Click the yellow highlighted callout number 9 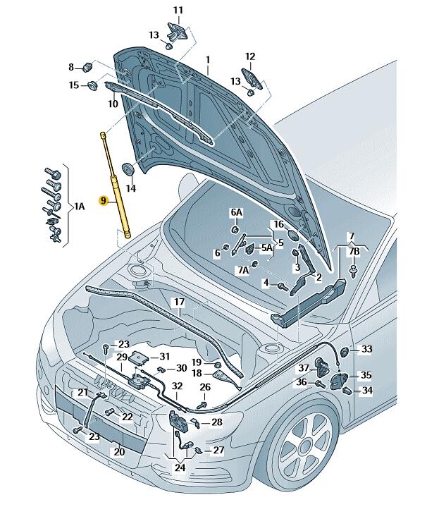pyautogui.click(x=104, y=201)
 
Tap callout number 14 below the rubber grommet pyautogui.click(x=130, y=188)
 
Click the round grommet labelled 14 pyautogui.click(x=128, y=169)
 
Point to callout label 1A pyautogui.click(x=80, y=206)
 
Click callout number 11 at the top pyautogui.click(x=178, y=10)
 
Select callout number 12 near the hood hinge pyautogui.click(x=249, y=56)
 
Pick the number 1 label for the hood pyautogui.click(x=208, y=60)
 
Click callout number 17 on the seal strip pyautogui.click(x=179, y=302)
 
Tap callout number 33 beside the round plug pyautogui.click(x=366, y=349)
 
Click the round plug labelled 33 pyautogui.click(x=345, y=352)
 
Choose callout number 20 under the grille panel pyautogui.click(x=119, y=452)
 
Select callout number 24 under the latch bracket pyautogui.click(x=180, y=467)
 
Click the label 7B pyautogui.click(x=354, y=252)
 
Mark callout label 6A pyautogui.click(x=236, y=212)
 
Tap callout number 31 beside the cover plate pyautogui.click(x=164, y=356)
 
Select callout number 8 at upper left pyautogui.click(x=71, y=68)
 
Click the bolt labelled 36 pyautogui.click(x=321, y=384)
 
